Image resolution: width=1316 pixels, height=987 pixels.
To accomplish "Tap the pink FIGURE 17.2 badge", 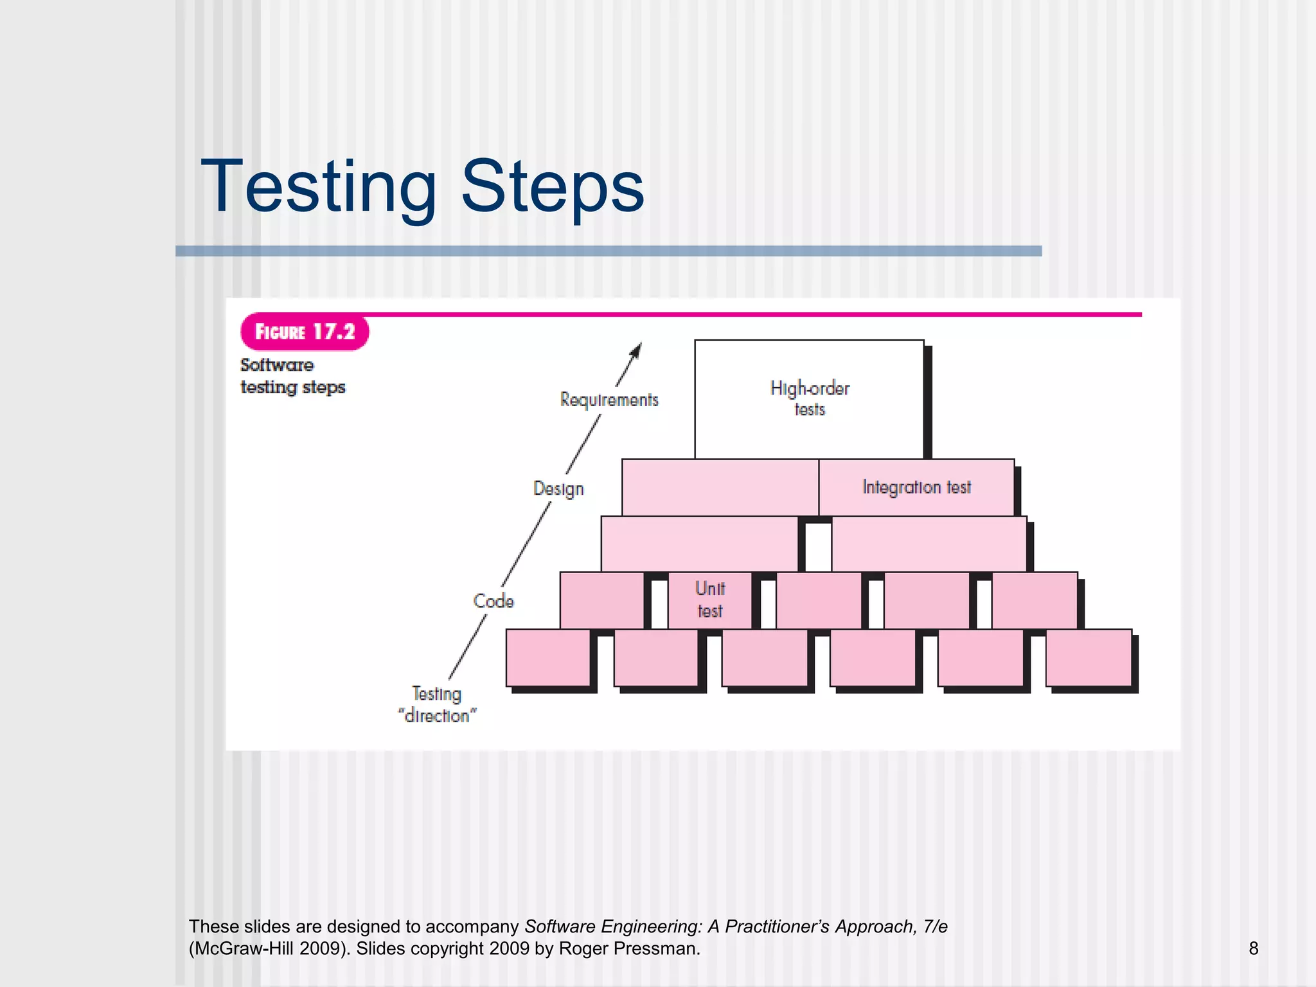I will coord(305,332).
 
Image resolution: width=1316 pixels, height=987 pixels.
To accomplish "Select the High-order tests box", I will coord(809,398).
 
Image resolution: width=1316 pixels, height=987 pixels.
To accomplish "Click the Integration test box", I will coord(916,487).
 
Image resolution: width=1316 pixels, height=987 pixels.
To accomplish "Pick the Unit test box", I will coord(710,600).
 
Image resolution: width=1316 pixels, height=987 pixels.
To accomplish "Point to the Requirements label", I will coord(609,400).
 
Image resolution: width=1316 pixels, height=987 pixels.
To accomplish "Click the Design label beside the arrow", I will coord(558,488).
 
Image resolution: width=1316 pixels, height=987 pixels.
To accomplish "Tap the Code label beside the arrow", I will coord(493,601).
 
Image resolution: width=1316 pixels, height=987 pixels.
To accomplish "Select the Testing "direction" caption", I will coord(437,705).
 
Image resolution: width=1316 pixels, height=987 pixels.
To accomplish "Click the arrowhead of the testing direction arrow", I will coord(636,350).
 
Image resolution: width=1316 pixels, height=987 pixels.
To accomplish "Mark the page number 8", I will coord(1253,948).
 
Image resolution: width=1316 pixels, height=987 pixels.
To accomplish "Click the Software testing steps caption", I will coord(292,376).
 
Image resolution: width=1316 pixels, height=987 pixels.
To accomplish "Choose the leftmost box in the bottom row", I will coord(547,657).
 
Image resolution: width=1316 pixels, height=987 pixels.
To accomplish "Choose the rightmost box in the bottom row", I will coord(1089,657).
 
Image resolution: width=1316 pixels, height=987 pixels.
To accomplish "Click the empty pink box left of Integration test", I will coord(720,487).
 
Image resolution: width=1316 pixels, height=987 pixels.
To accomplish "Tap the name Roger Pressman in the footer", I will coord(628,948).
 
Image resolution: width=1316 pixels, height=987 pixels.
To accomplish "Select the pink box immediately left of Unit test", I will coord(601,600).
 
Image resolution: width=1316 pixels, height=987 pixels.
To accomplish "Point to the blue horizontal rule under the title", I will coord(609,251).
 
